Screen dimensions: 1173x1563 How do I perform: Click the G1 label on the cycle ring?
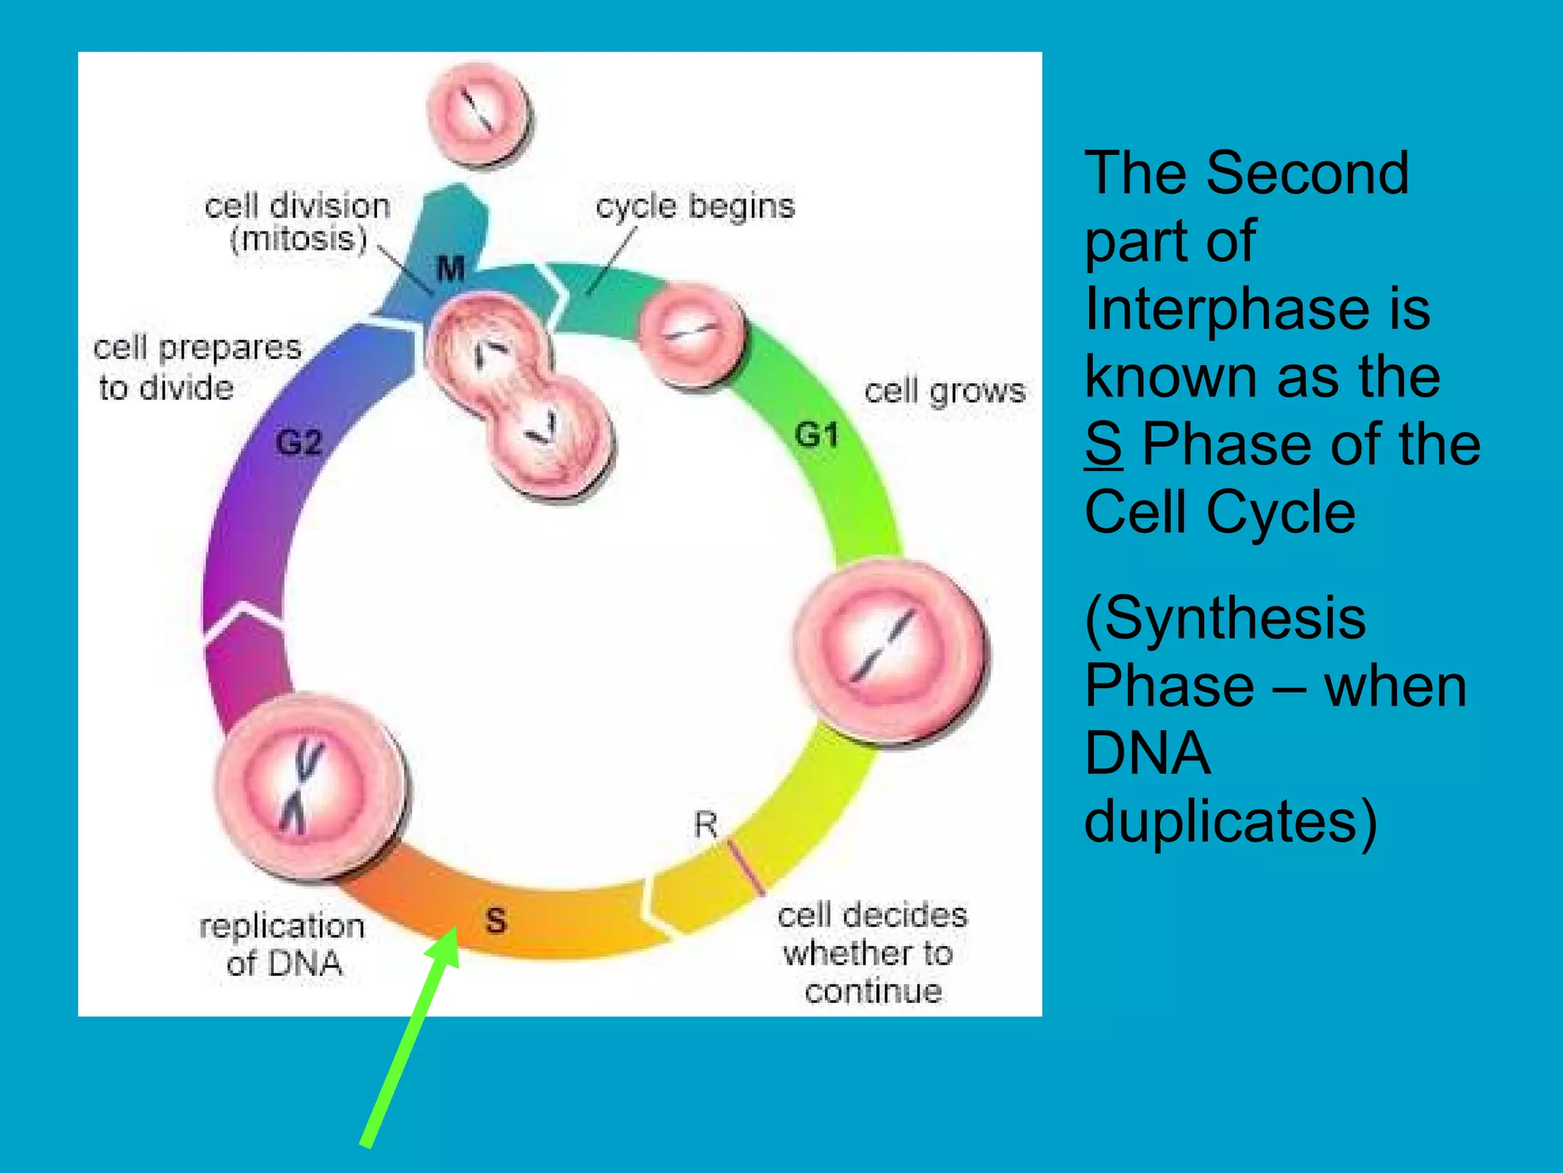(x=817, y=435)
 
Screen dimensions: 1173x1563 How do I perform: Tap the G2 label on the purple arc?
(x=298, y=443)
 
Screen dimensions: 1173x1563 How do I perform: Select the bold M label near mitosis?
(x=450, y=268)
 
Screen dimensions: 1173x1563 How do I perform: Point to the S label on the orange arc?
(x=496, y=920)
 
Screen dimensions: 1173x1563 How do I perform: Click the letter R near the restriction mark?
(x=706, y=825)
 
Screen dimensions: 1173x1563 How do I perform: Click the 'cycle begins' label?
(x=694, y=206)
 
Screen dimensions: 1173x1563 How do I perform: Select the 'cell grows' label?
(x=945, y=391)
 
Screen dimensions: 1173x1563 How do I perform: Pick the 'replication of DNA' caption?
(x=282, y=944)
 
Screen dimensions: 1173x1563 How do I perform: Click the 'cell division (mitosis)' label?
(x=298, y=221)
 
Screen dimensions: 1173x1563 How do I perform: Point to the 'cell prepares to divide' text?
(x=197, y=367)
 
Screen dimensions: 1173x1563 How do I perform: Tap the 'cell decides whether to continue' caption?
(x=872, y=953)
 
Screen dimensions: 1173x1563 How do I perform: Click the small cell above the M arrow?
(x=479, y=115)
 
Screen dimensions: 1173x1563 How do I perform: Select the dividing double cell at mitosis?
(x=519, y=393)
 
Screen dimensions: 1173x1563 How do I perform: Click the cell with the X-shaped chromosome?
(x=309, y=787)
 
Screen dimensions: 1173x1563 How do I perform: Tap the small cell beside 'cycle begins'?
(x=691, y=333)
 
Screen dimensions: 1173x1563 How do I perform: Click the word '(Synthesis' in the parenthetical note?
(x=1224, y=617)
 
